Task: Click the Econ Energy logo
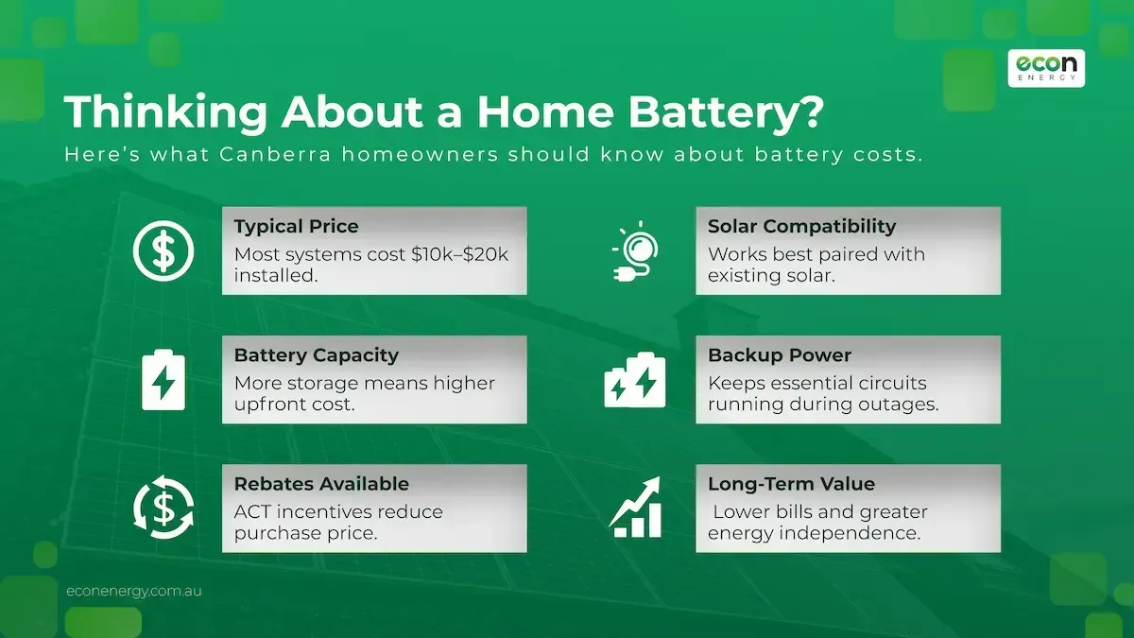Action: tap(1045, 67)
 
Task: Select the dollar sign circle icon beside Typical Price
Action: tap(163, 251)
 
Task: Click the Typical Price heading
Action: tap(296, 227)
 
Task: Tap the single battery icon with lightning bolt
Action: tap(163, 380)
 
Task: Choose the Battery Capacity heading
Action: tap(317, 355)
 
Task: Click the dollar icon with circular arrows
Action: tap(163, 509)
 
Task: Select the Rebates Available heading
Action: tap(321, 484)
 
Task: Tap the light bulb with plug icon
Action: tap(636, 251)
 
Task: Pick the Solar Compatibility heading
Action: tap(801, 227)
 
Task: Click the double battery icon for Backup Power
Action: tap(635, 380)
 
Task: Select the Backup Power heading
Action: tap(780, 355)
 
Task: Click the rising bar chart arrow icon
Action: tap(635, 509)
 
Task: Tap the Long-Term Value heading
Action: tap(791, 484)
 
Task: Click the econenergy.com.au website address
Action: tap(134, 591)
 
